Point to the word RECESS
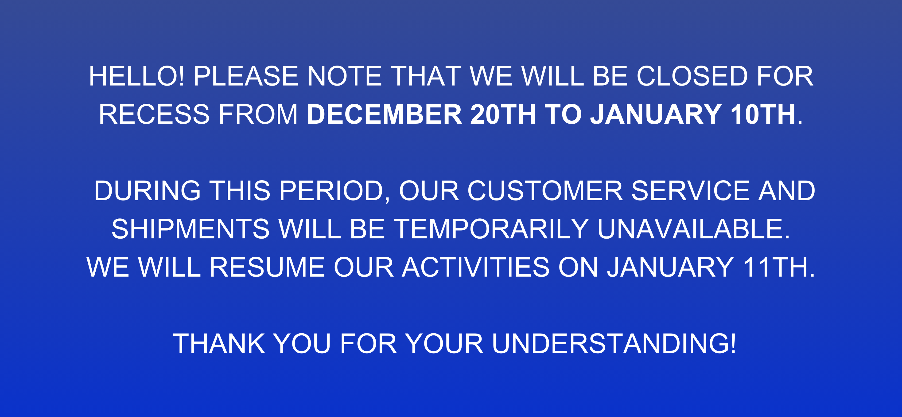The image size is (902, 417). click(154, 114)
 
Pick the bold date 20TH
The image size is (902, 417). click(503, 114)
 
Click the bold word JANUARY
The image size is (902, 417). click(656, 114)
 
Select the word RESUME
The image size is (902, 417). click(267, 267)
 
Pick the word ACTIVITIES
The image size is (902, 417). click(475, 267)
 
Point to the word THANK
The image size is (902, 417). click(219, 344)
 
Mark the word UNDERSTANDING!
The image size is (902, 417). click(614, 343)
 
